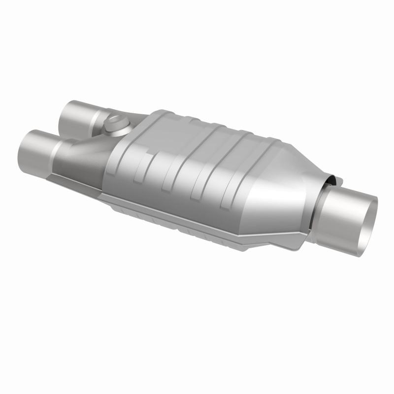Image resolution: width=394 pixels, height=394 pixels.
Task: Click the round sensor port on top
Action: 117,124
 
